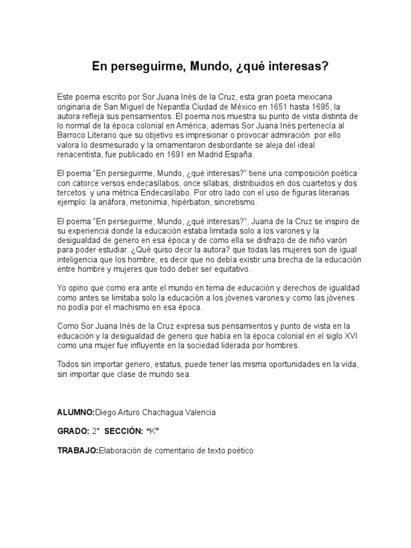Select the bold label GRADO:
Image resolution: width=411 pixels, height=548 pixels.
(x=73, y=431)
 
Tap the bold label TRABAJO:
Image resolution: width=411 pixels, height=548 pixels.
(x=78, y=451)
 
